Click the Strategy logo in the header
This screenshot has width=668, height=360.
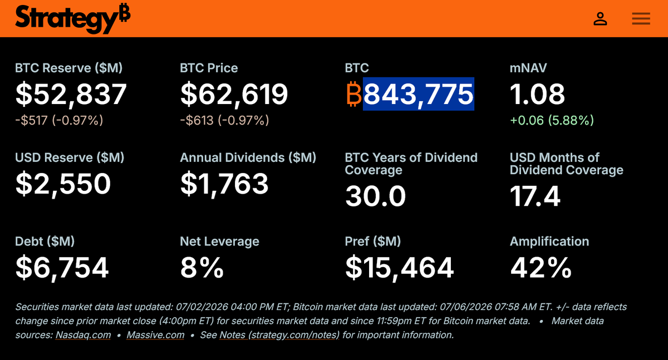coord(73,18)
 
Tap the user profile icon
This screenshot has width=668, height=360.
coord(600,19)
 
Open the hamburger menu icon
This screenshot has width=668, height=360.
coord(641,19)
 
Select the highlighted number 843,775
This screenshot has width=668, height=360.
coord(419,94)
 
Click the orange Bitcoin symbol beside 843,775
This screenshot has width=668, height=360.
coord(354,94)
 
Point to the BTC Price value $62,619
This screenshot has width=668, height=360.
coord(234,94)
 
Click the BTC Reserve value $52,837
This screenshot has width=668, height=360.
coord(71,94)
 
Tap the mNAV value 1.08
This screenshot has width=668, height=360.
coord(537,94)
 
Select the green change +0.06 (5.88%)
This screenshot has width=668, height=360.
coord(552,120)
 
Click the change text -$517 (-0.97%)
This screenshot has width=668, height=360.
coord(59,120)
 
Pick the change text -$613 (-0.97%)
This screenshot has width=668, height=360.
coord(224,120)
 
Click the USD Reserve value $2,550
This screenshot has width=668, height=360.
coord(63,184)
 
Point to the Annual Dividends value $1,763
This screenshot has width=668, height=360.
coord(224,184)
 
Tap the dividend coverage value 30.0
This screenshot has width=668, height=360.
coord(375,196)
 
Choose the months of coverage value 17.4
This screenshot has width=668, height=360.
coord(536,196)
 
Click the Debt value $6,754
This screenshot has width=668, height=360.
coord(62,268)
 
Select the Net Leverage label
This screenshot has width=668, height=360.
coord(219,241)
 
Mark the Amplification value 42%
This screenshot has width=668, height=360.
coord(541,268)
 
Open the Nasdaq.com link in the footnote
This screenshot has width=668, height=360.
coord(83,335)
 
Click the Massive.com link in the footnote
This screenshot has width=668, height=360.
coord(155,335)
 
